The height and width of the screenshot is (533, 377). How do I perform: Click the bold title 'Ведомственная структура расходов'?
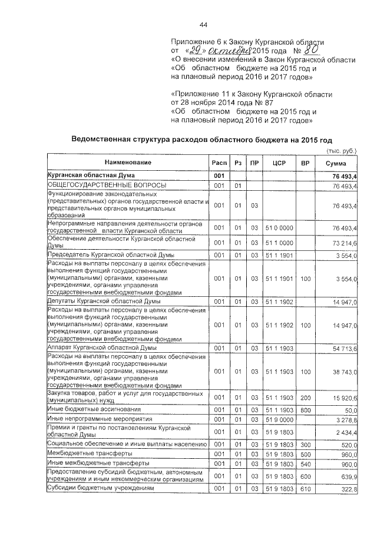pyautogui.click(x=201, y=140)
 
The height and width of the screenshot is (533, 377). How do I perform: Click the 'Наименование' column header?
pyautogui.click(x=128, y=163)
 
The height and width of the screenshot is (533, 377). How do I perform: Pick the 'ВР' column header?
pyautogui.click(x=305, y=163)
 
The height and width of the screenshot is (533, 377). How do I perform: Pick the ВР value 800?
pyautogui.click(x=305, y=409)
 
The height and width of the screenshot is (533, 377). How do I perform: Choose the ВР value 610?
pyautogui.click(x=305, y=490)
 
